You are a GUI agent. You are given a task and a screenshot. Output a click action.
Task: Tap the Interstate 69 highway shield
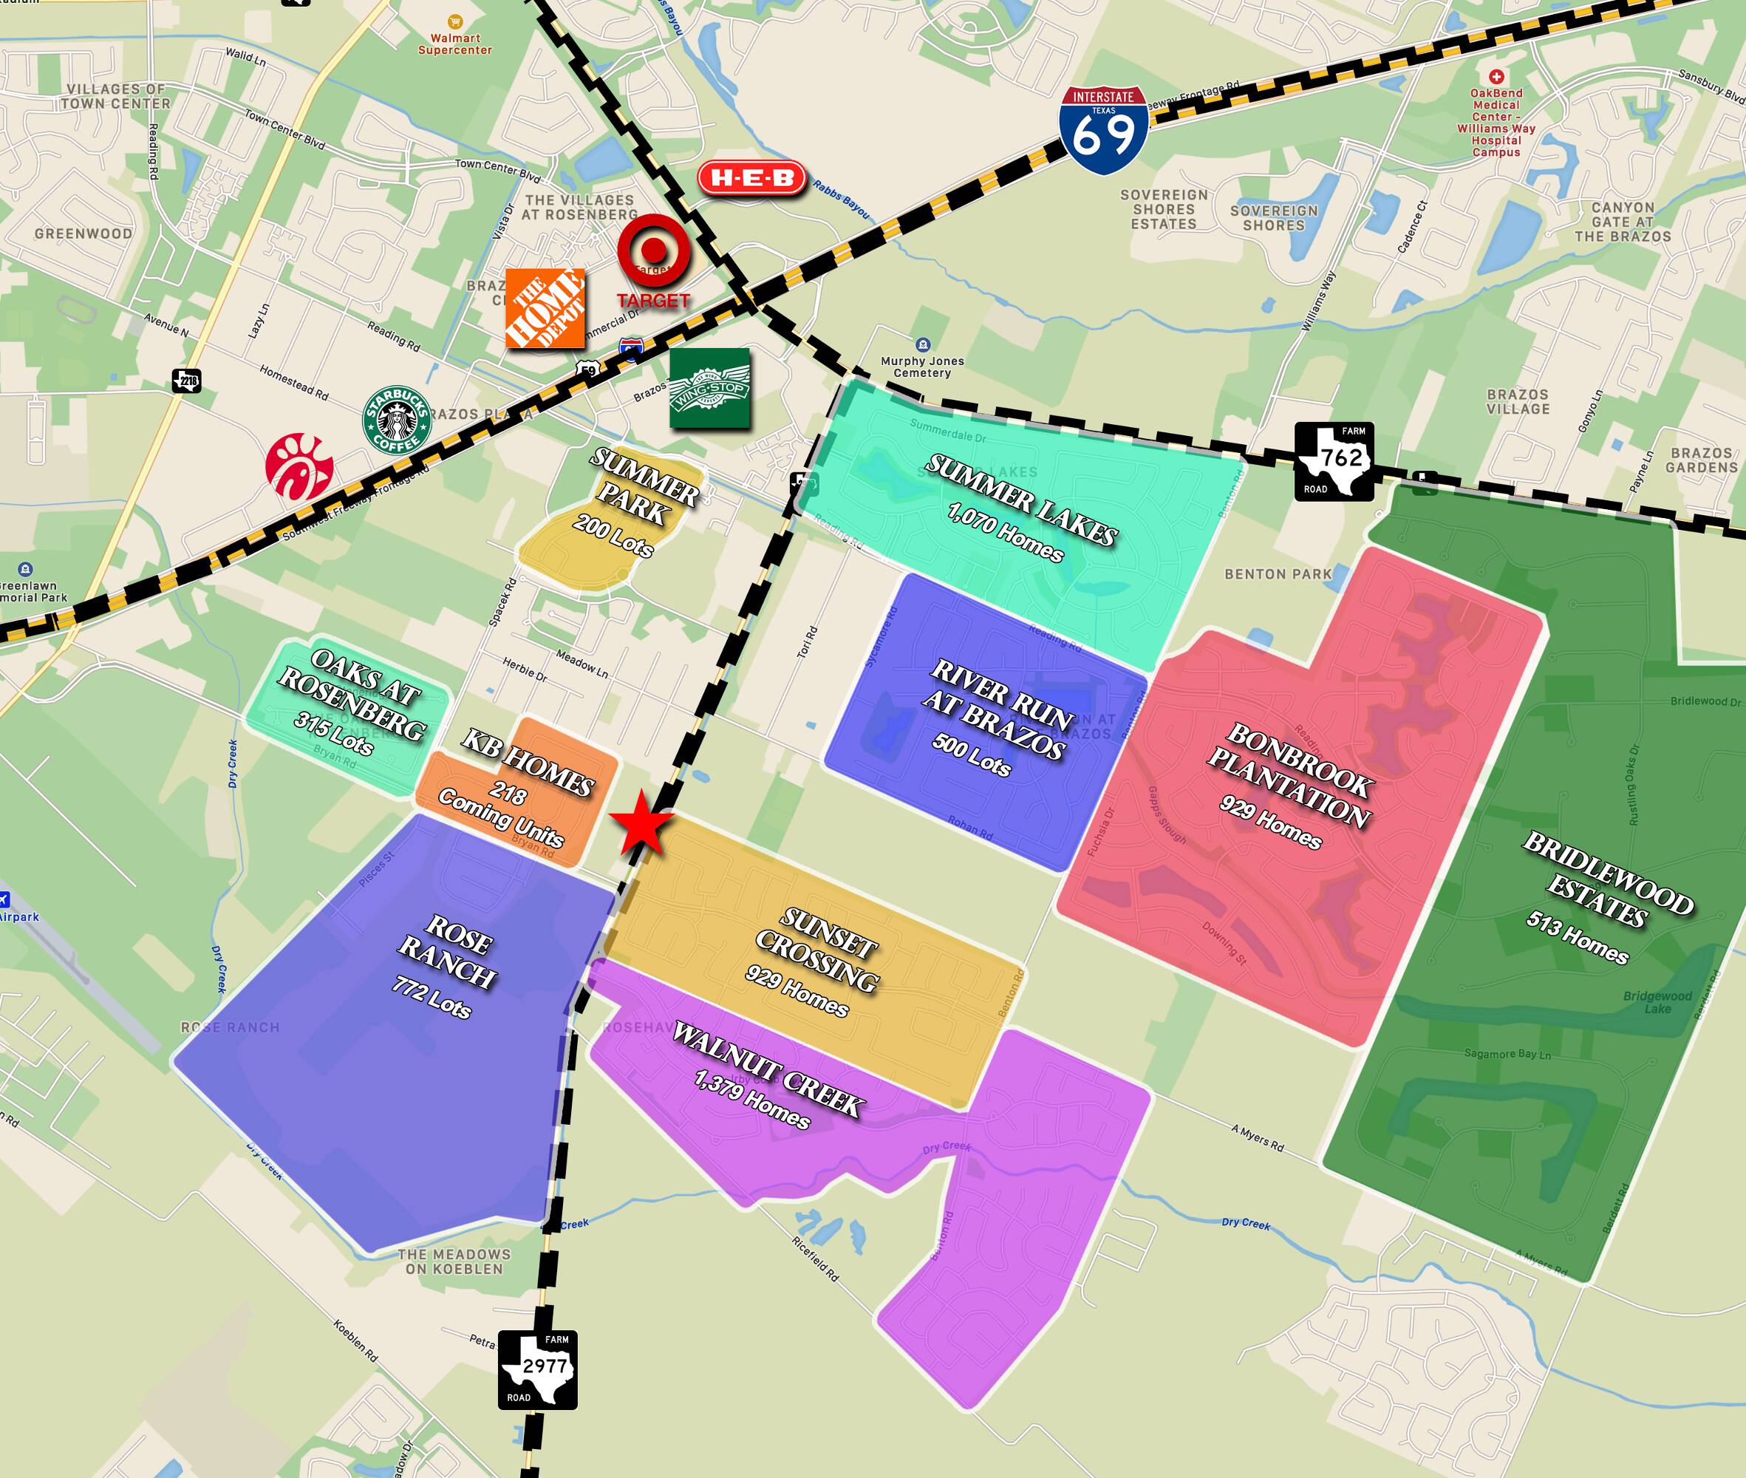(1102, 130)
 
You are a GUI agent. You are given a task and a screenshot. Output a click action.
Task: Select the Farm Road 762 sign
(1334, 461)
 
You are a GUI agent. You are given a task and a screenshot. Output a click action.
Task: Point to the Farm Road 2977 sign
(537, 1369)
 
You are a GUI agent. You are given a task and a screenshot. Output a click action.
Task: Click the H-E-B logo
(751, 178)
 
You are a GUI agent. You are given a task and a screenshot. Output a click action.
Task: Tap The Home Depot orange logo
(545, 308)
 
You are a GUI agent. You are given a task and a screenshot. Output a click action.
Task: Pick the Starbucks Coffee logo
(396, 419)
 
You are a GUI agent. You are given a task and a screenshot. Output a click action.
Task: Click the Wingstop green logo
(709, 389)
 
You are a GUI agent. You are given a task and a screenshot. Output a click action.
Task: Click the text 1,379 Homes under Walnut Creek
(751, 1100)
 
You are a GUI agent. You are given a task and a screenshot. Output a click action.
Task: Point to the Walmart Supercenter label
(455, 44)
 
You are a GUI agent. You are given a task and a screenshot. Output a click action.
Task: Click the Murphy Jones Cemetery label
(921, 367)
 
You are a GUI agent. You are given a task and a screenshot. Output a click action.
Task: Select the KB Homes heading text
(527, 763)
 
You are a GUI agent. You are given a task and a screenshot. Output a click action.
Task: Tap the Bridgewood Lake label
(1657, 1001)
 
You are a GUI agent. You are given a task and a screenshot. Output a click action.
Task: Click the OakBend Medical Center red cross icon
(1496, 76)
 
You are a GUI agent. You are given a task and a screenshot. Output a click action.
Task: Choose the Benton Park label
(1278, 574)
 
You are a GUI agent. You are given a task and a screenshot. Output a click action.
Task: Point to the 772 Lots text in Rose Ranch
(431, 997)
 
